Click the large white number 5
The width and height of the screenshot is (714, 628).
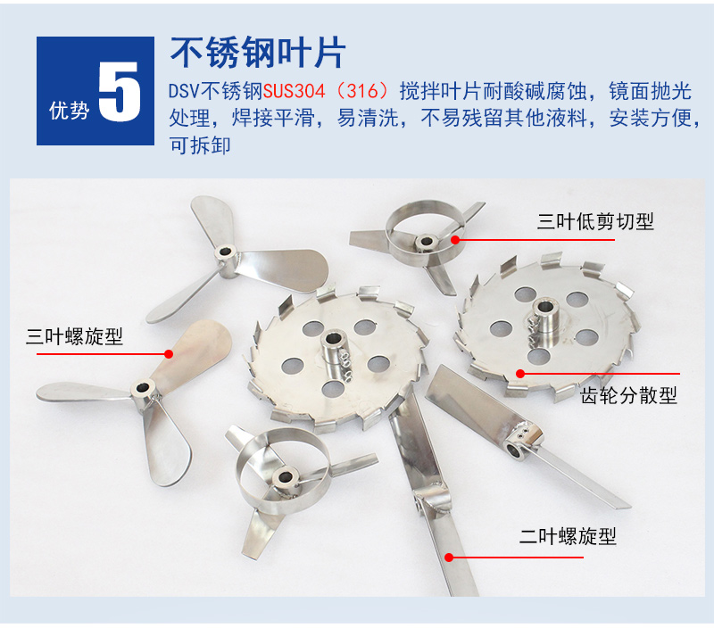point(120,92)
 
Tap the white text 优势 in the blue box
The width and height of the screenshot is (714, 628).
point(69,110)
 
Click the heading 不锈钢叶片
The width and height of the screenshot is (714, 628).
point(258,53)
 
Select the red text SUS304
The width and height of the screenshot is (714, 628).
point(295,91)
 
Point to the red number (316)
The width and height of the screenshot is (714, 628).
point(362,91)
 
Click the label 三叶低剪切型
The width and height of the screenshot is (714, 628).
point(595,221)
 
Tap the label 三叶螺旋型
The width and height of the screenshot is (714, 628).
point(74,336)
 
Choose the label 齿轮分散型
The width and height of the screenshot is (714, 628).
point(629,395)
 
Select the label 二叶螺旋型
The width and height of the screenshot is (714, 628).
point(568,536)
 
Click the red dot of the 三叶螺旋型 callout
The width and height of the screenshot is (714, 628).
point(169,353)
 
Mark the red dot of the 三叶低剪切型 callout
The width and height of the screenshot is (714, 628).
point(455,239)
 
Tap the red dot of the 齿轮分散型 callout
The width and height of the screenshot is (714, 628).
point(520,374)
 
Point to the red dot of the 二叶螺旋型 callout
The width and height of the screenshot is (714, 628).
point(449,557)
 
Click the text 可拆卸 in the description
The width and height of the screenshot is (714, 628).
point(200,145)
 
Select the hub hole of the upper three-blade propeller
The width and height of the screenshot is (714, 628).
point(225,252)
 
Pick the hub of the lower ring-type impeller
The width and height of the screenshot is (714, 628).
point(286,478)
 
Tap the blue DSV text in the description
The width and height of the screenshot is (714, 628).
point(184,91)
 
